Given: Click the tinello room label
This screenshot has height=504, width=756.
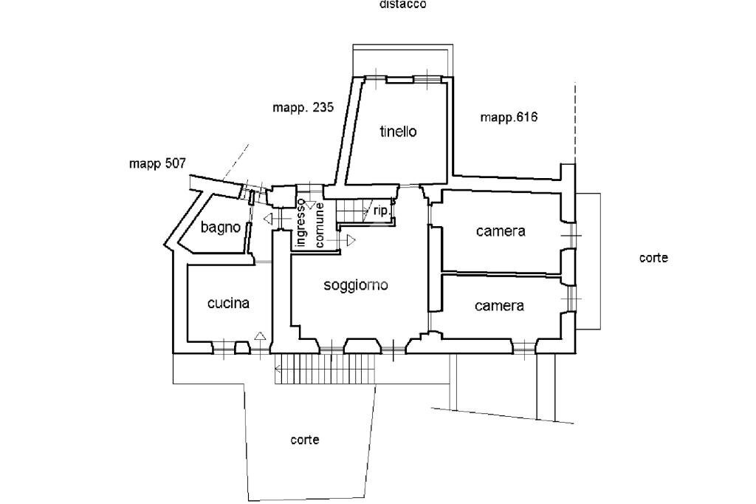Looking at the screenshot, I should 398,132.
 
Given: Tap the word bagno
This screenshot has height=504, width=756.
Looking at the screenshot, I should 220,228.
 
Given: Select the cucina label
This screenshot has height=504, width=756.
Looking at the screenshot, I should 228,303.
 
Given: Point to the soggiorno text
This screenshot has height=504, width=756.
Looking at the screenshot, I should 356,286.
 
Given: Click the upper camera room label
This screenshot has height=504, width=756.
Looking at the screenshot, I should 500,231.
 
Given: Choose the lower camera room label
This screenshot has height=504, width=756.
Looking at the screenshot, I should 499,306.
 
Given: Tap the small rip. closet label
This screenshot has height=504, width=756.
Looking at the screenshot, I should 381,211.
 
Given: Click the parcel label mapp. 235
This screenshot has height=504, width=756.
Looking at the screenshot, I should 303,107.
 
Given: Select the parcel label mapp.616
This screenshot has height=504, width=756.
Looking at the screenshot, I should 509,117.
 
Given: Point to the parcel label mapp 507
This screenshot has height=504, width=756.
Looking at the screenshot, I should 158,163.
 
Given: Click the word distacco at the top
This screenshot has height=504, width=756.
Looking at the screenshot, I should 402,4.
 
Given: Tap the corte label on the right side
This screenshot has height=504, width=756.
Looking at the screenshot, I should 653,258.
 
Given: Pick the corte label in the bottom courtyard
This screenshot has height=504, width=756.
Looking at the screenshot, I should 305,440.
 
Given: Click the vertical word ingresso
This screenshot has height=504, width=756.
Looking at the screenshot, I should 301,222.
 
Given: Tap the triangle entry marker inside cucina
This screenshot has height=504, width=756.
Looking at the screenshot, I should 259,336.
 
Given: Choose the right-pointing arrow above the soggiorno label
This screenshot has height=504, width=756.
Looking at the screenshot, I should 349,240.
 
